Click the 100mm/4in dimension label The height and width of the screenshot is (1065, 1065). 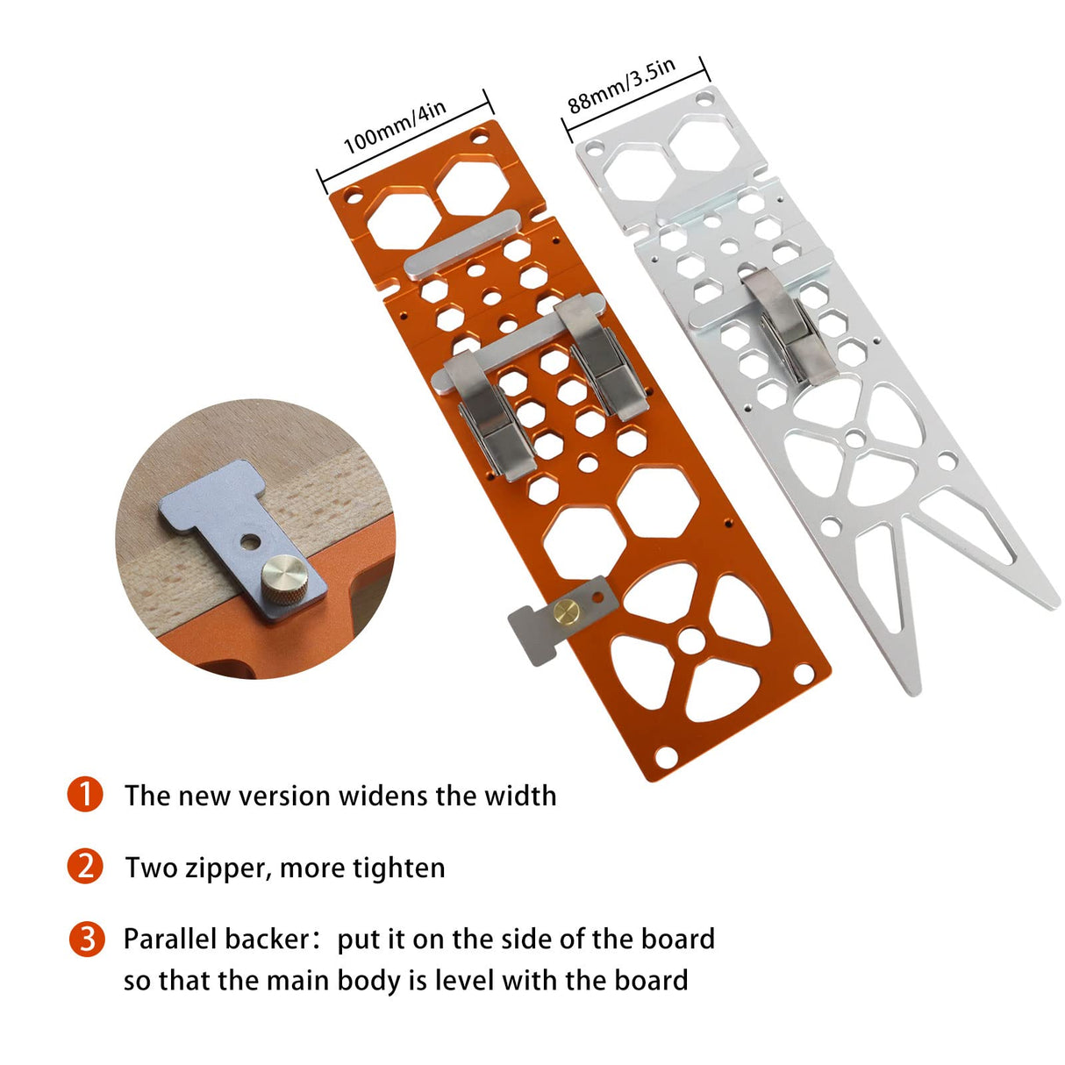click(x=394, y=127)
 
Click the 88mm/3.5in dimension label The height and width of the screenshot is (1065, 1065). click(x=621, y=86)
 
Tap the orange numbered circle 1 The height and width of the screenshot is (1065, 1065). click(x=85, y=795)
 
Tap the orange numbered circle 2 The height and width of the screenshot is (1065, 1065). click(x=85, y=867)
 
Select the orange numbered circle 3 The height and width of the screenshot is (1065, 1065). click(x=85, y=939)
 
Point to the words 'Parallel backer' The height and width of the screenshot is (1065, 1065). click(x=215, y=939)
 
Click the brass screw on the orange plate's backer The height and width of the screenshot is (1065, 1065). click(x=565, y=611)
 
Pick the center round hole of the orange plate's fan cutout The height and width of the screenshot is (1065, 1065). click(x=691, y=641)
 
